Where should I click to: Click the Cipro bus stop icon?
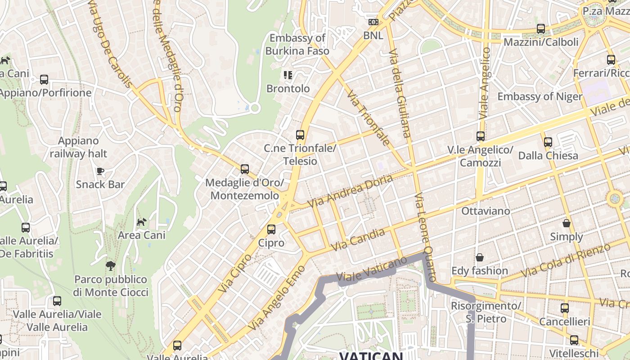tap(271, 229)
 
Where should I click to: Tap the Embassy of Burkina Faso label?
tap(297, 45)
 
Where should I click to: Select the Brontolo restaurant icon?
tap(288, 75)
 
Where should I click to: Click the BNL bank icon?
tap(373, 22)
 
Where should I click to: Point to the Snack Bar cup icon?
tap(100, 171)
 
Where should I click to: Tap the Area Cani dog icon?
tap(142, 222)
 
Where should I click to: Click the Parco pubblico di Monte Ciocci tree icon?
tap(110, 266)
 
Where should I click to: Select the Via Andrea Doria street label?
tap(350, 192)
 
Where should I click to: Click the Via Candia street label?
tap(358, 240)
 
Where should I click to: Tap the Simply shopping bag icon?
tap(567, 223)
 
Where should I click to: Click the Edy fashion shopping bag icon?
tap(480, 257)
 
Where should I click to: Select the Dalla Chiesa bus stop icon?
tap(548, 142)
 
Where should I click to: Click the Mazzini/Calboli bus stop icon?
tap(541, 29)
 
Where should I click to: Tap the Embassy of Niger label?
tap(540, 96)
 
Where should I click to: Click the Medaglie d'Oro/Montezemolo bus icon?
tap(245, 169)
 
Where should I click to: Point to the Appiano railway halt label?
tap(78, 147)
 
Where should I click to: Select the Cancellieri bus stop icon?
tap(565, 308)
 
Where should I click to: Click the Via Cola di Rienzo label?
tap(565, 261)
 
